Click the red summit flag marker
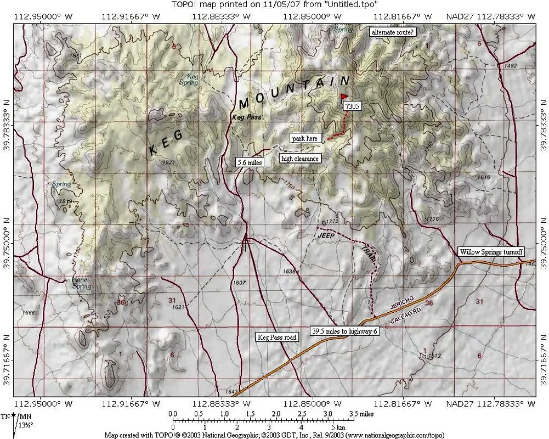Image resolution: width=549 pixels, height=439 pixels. [344, 97]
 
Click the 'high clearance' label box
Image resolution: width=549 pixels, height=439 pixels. [299, 159]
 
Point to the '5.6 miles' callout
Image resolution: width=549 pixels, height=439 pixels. [250, 162]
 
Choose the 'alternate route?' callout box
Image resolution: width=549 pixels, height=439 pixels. [393, 32]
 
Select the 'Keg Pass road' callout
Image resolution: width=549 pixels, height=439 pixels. [277, 337]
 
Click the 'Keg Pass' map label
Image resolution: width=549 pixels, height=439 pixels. [246, 117]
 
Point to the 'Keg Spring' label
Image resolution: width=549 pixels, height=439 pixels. [193, 80]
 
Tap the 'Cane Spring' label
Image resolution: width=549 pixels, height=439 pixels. [81, 283]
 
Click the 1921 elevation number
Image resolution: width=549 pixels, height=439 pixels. [168, 162]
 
